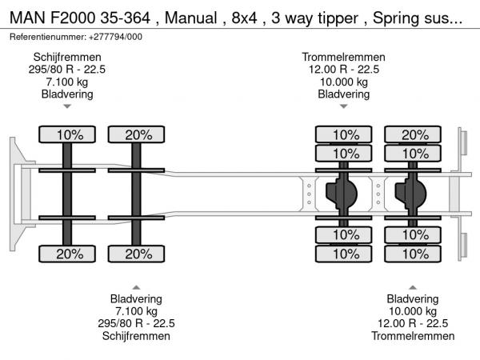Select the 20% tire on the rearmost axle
click(x=414, y=135)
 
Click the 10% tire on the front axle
click(x=69, y=135)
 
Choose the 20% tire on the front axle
click(x=69, y=254)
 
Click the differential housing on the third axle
click(x=342, y=193)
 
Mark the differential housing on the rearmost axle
click(x=412, y=193)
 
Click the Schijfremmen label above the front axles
click(x=67, y=57)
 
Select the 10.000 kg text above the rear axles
click(x=344, y=82)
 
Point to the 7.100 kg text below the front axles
click(x=136, y=311)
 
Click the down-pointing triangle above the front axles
click(x=67, y=106)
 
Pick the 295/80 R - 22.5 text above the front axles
click(x=67, y=69)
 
